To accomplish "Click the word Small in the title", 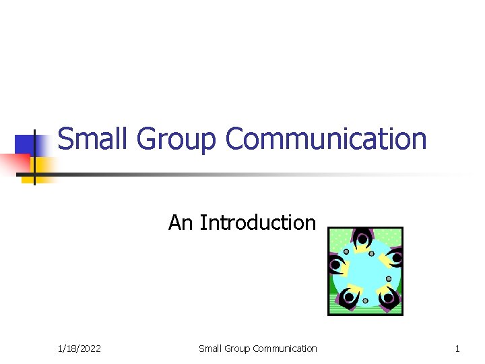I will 93,140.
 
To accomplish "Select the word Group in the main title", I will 178,140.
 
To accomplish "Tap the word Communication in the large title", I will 326,140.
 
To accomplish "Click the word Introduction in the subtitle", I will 258,222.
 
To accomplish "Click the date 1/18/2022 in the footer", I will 79,348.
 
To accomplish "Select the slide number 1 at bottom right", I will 457,348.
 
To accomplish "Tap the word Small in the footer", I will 211,348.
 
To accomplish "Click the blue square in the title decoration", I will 26,145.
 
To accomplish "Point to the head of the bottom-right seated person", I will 388,297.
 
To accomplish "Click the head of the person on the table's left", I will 335,265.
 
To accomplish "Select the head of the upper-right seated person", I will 396,257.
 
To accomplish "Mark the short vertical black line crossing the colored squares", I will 34,155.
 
